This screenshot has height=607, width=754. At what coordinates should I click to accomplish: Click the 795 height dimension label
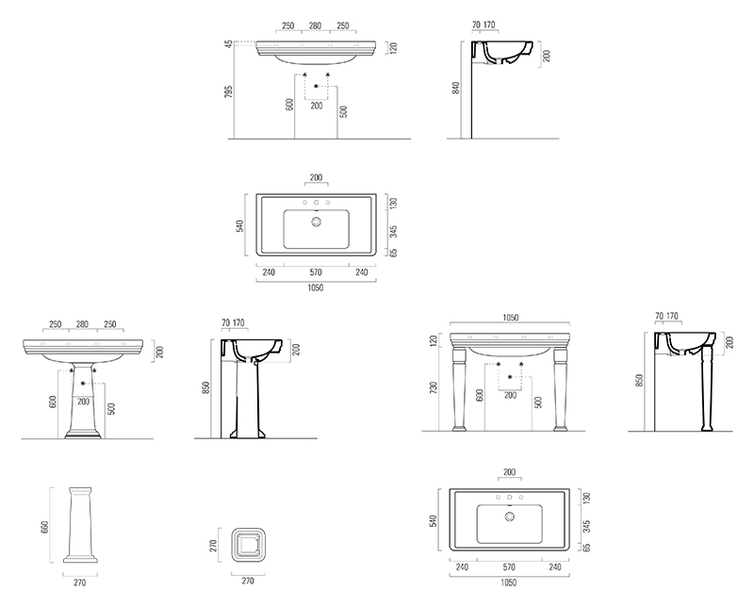pos(229,91)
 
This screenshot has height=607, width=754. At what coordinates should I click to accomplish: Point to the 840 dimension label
pos(456,88)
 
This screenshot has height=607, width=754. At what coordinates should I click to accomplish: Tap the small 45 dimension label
pos(229,43)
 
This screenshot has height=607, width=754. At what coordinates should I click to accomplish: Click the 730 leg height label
pos(434,388)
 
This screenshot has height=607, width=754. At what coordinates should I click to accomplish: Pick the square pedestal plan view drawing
pos(248,545)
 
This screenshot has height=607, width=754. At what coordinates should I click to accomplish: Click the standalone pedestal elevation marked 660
pos(80,525)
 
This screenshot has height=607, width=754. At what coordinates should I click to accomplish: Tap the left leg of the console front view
pos(458,389)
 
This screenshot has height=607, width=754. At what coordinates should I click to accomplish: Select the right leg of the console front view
pos(561,389)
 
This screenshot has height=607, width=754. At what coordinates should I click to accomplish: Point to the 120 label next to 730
pos(434,341)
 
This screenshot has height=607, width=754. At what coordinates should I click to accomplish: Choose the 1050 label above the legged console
pos(510,318)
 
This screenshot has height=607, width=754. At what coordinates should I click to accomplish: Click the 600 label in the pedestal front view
pos(53,402)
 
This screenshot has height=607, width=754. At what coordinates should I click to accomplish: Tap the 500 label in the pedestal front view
pos(111,409)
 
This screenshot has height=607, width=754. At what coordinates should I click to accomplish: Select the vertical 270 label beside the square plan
pos(214,546)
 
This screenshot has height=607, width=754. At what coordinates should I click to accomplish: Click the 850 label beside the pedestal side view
pos(205,388)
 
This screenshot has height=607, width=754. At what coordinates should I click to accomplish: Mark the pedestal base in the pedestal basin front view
pos(83,435)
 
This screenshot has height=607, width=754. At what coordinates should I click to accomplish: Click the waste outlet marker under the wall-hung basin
pos(316,86)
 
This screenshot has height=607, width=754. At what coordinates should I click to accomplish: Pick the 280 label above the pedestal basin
pos(82,323)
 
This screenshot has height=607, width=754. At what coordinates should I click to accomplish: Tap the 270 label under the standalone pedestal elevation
pos(80,582)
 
